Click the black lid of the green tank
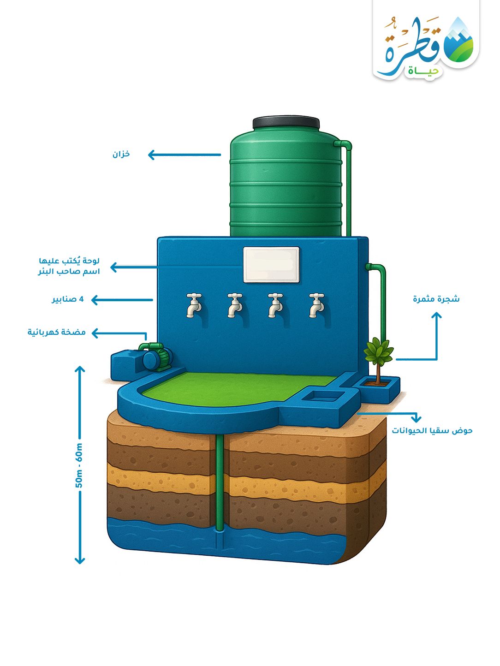tap(286, 122)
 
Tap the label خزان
tap(121, 155)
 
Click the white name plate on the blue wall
tap(271, 264)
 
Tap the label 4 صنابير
tap(68, 300)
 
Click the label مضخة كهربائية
tap(56, 333)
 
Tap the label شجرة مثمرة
tap(436, 299)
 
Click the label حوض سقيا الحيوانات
tap(432, 431)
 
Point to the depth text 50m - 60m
tap(79, 465)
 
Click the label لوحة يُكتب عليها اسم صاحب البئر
tap(69, 266)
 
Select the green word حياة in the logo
tap(423, 71)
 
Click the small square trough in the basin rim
tap(323, 396)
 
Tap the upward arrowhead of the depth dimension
tap(80, 369)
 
